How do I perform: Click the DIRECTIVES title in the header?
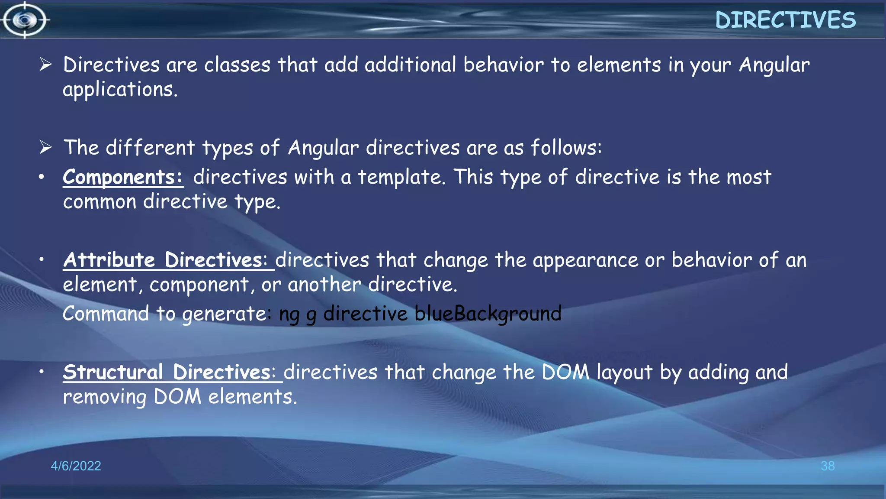pos(785,20)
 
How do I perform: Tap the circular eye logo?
pos(25,20)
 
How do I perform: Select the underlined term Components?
pos(123,177)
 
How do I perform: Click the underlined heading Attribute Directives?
pos(168,260)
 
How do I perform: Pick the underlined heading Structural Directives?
pos(173,372)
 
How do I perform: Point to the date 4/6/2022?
pos(76,466)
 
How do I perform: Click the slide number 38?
pos(827,466)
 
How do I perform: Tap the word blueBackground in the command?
pos(488,314)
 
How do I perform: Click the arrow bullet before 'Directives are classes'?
pos(45,65)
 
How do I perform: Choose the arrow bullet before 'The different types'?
pos(45,147)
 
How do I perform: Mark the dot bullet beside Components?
pos(42,177)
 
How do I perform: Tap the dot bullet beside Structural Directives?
pos(42,372)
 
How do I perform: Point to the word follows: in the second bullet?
pos(566,147)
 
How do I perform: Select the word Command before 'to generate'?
pos(106,313)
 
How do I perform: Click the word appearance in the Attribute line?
pos(585,260)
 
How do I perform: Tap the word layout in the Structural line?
pos(624,372)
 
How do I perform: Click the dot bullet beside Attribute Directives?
pos(42,259)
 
